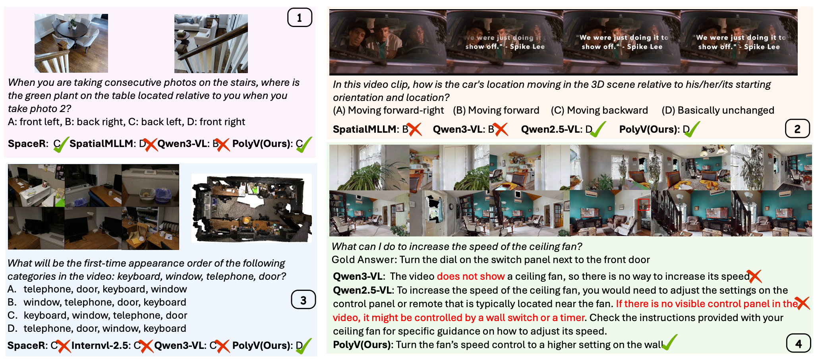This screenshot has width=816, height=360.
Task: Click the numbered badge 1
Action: (x=300, y=17)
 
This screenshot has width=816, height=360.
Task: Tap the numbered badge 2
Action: (x=797, y=129)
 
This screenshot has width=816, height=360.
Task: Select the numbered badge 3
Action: (x=303, y=300)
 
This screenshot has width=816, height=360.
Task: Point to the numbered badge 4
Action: (x=799, y=343)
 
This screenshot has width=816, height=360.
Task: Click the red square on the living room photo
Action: (x=643, y=205)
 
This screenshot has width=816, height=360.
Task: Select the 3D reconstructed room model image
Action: (x=251, y=208)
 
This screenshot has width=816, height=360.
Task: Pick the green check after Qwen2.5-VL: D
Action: (x=598, y=130)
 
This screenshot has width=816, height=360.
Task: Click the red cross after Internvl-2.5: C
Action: (x=146, y=346)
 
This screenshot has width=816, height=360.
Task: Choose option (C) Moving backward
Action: (x=599, y=110)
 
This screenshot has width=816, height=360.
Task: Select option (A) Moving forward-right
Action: (x=388, y=110)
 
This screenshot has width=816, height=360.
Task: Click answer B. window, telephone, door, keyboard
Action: (x=97, y=302)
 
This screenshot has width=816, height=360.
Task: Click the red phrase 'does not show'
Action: (x=471, y=276)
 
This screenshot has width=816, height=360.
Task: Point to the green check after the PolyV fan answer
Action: (x=670, y=342)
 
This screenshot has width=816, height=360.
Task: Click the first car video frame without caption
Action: (x=388, y=42)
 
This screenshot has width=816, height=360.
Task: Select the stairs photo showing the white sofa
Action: (x=211, y=44)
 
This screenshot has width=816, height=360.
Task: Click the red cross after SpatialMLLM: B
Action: (x=414, y=130)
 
